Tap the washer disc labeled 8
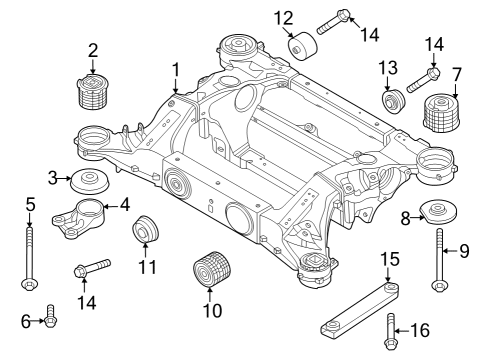click(x=437, y=213)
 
